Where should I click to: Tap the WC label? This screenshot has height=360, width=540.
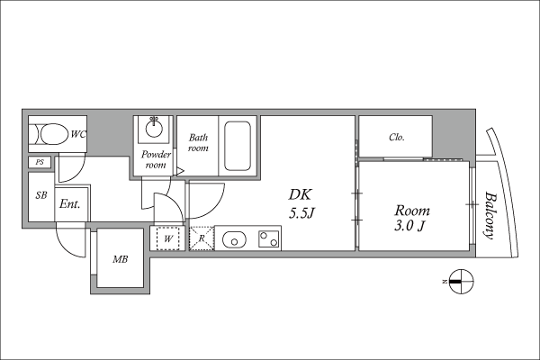click(78, 134)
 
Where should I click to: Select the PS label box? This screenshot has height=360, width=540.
click(40, 162)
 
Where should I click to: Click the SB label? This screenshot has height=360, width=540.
click(41, 195)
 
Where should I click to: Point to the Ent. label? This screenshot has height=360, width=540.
click(69, 204)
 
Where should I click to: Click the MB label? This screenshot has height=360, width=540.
click(121, 259)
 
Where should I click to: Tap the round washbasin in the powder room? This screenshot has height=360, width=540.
click(154, 129)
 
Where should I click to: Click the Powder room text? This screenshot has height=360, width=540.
click(156, 159)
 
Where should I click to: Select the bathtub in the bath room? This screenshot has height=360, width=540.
click(238, 146)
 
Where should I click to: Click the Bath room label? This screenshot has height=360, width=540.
click(198, 142)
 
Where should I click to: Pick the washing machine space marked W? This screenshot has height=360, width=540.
click(168, 238)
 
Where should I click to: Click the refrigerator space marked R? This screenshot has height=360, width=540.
click(202, 238)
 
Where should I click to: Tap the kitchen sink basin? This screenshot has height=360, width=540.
click(234, 239)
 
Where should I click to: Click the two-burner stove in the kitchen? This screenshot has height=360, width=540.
click(269, 239)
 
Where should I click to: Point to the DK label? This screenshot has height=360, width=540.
click(300, 194)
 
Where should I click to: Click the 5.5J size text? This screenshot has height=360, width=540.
click(301, 213)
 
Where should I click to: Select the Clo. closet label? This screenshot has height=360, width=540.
click(396, 137)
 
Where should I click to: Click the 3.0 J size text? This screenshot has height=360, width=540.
click(409, 226)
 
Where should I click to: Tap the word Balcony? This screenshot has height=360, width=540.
click(490, 215)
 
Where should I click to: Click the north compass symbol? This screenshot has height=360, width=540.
click(462, 282)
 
